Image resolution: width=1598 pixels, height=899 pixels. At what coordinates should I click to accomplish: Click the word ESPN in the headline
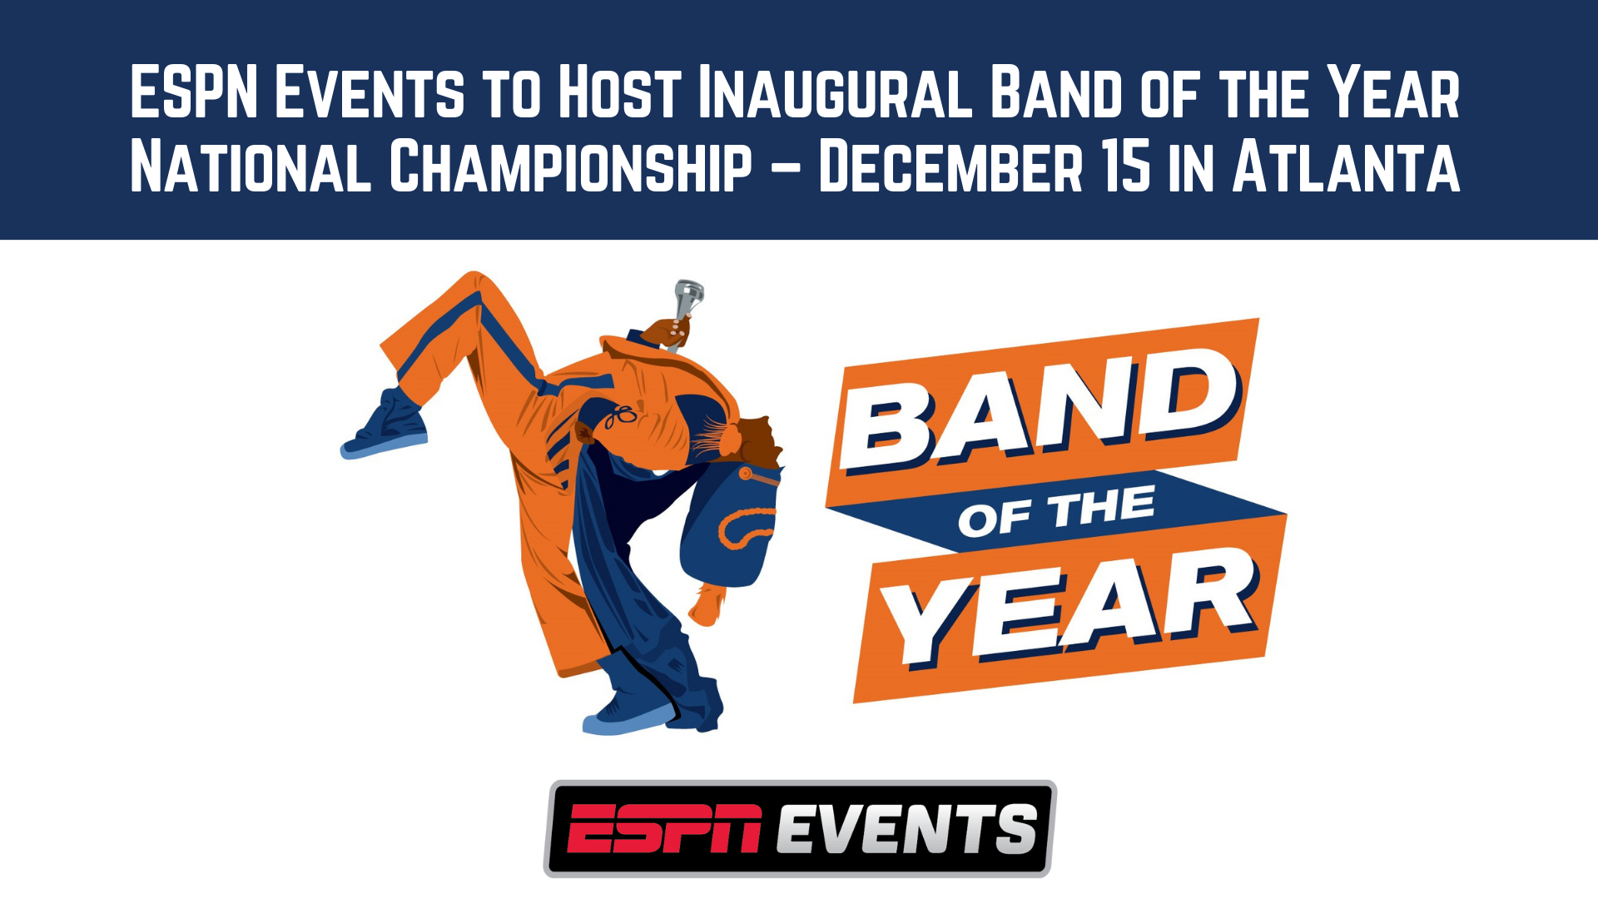tap(194, 92)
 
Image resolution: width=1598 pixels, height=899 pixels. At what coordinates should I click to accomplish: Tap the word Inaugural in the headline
tap(835, 92)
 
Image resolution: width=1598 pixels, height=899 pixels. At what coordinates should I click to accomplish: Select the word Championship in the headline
tap(571, 166)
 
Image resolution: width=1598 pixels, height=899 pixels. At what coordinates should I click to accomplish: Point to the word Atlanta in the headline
tap(1346, 166)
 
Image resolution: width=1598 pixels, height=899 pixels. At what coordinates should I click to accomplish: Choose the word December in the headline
tap(951, 166)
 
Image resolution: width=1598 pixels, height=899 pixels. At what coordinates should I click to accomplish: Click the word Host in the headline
tap(619, 92)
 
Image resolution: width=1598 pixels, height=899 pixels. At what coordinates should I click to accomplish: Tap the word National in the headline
tap(251, 166)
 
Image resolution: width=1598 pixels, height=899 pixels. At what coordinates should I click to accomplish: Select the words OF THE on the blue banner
tap(1056, 511)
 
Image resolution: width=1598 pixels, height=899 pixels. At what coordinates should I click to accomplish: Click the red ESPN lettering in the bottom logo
tap(665, 828)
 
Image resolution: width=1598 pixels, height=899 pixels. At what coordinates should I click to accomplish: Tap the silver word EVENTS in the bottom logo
tap(907, 828)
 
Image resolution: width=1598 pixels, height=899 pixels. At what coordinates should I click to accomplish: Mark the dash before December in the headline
tap(786, 169)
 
